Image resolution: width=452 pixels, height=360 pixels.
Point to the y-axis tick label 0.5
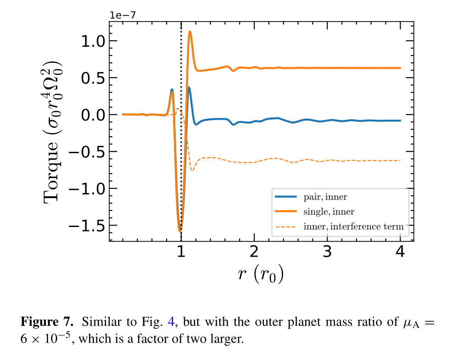click(93, 78)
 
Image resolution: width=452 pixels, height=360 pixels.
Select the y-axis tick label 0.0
click(93, 115)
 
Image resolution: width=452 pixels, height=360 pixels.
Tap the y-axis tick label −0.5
click(87, 152)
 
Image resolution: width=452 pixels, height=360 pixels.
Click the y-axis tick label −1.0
click(87, 189)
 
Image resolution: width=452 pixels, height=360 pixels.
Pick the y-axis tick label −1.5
click(87, 226)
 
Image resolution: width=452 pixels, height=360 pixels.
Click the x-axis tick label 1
click(181, 252)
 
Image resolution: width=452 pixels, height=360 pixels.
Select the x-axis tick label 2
click(254, 252)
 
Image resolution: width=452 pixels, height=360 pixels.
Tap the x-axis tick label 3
click(327, 252)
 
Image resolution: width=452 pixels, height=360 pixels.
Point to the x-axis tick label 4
click(400, 252)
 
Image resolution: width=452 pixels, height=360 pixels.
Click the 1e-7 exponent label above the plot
click(122, 15)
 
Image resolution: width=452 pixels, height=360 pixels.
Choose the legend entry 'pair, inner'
click(325, 197)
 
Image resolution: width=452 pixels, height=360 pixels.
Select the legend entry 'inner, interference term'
click(353, 226)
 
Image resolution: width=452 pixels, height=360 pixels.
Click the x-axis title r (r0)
click(261, 274)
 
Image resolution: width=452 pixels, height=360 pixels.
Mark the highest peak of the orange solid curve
click(190, 32)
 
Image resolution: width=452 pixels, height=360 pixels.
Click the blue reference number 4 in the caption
click(171, 321)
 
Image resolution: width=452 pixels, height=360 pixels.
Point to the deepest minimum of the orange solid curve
click(180, 231)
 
